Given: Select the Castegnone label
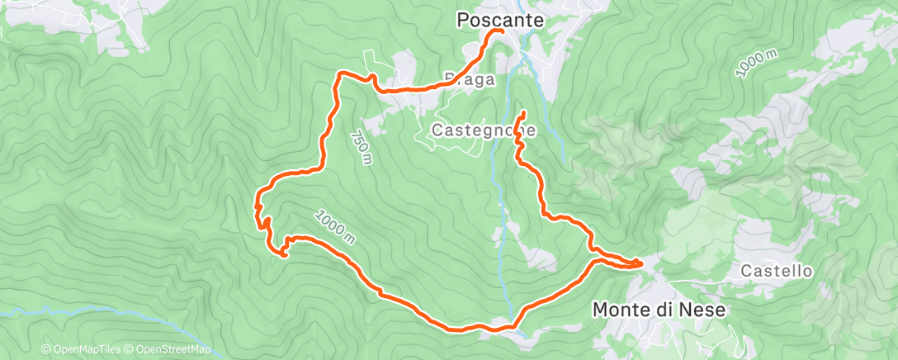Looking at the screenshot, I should [485, 130].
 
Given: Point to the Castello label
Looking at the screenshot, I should [776, 270].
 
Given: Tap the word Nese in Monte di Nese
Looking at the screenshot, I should [703, 310].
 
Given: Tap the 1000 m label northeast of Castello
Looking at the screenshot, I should [757, 64].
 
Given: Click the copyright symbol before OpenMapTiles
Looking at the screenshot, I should [45, 350].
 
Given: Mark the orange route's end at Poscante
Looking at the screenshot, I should [501, 31].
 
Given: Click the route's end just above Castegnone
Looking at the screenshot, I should [523, 111].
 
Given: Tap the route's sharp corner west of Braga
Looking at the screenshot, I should [338, 74].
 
